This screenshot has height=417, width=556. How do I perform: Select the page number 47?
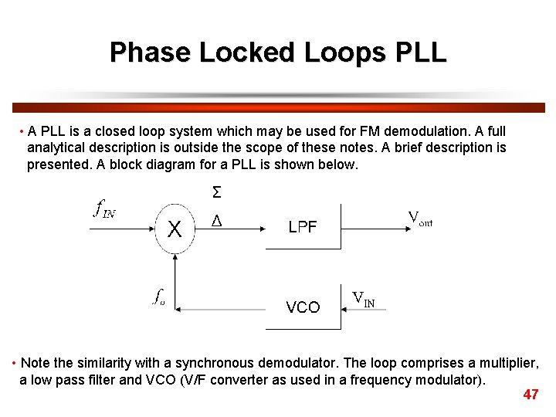(531, 395)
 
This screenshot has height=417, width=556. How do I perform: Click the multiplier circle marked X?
(175, 229)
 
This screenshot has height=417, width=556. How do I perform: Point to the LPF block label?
(303, 227)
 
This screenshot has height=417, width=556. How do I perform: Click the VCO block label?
(303, 307)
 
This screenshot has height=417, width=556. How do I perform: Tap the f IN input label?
(104, 208)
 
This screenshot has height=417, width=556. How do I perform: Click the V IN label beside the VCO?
(363, 299)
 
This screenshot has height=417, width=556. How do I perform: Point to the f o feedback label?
(158, 297)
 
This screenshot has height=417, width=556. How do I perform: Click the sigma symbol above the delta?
(216, 192)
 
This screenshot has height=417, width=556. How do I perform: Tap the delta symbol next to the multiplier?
(216, 222)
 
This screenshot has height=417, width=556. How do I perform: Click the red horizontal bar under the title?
(278, 107)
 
